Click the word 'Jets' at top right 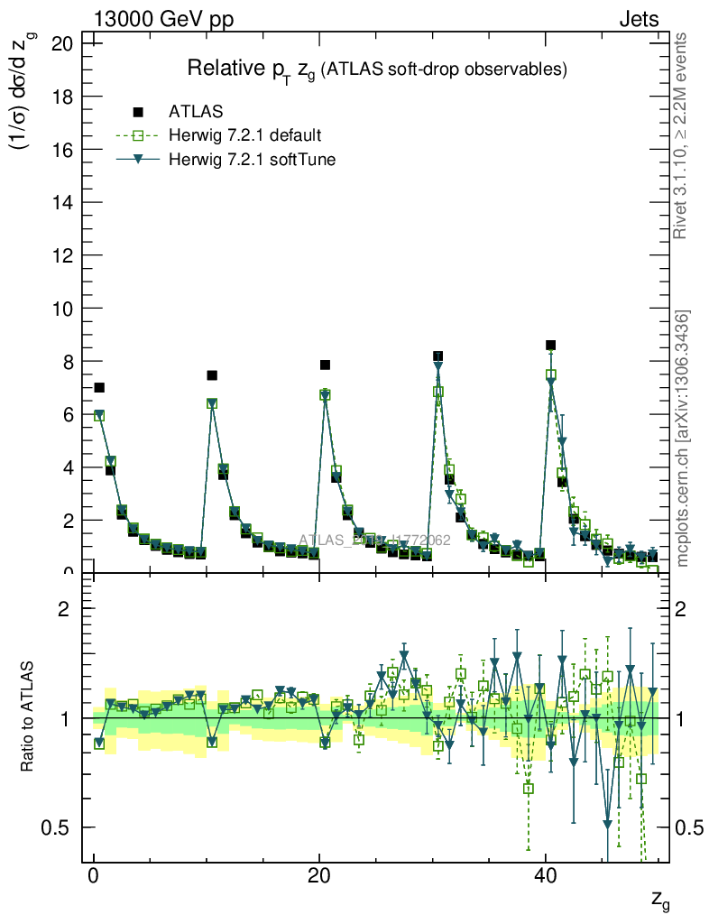(638, 19)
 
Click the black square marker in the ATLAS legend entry (138, 112)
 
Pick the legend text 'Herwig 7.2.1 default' (245, 136)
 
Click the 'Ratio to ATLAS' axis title (28, 717)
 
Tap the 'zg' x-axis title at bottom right (659, 899)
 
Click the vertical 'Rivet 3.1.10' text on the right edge (682, 135)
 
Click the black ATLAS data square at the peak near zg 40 (550, 346)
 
